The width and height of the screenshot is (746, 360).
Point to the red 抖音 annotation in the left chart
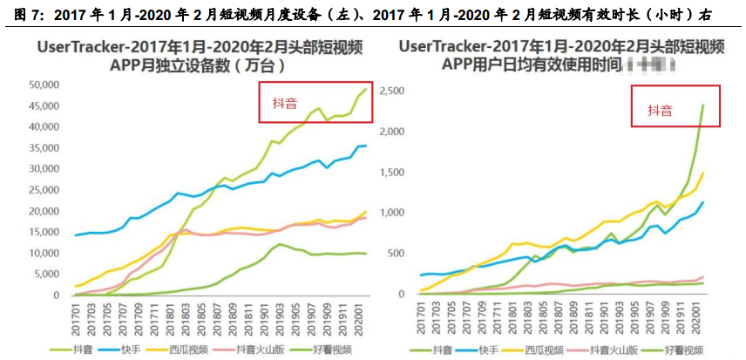[278, 104]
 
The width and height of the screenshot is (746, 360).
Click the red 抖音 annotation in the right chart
[660, 111]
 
